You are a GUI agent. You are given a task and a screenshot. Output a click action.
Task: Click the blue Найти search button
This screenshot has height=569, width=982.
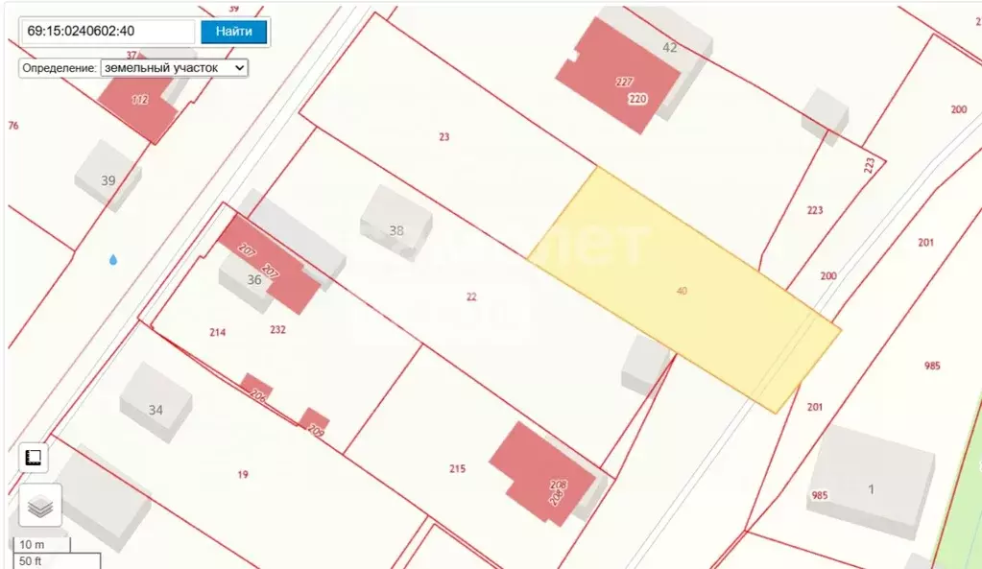coord(233,31)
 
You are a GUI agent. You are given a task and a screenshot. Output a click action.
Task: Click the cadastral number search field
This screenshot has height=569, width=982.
coord(108,31)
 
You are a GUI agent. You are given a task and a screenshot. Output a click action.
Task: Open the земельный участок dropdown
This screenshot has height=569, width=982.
coord(174,68)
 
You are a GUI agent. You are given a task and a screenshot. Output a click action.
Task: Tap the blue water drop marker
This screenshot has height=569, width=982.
coord(113,259)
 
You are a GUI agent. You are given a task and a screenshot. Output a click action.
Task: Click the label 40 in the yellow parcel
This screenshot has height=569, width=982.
coord(682,291)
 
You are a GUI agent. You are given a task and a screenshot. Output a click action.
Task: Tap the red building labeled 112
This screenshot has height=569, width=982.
coord(140,101)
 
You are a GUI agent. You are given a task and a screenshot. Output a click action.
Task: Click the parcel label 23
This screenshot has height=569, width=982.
coord(443,137)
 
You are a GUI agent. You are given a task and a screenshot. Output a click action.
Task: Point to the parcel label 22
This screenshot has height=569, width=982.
coord(471,296)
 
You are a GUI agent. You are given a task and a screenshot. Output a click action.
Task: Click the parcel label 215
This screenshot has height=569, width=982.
coord(457,468)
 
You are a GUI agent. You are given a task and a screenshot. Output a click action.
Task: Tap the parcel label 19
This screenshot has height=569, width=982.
coord(243,474)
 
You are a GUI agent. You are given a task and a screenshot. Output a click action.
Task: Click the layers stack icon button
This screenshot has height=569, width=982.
coord(40,505)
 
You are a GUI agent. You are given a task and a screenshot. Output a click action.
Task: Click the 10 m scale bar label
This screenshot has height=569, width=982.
coord(33,545)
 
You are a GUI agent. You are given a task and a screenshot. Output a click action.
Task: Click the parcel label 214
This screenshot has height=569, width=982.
coord(218,332)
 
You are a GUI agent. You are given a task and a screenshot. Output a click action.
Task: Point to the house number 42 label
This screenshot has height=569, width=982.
coord(670,47)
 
